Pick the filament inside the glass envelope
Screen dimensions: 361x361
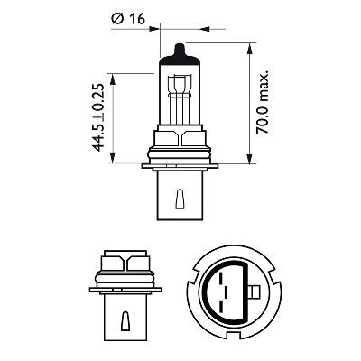(x=180, y=91)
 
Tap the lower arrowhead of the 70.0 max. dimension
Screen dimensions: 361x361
(x=249, y=162)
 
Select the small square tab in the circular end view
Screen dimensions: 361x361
(x=256, y=292)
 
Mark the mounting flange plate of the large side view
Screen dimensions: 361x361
(x=180, y=165)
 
